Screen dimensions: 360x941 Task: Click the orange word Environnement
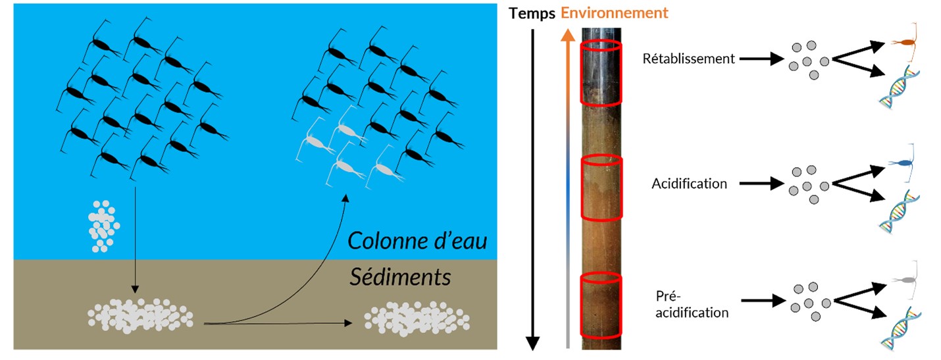click(x=614, y=13)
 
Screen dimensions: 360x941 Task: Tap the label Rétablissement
click(x=688, y=59)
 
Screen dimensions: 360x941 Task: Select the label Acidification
click(x=690, y=183)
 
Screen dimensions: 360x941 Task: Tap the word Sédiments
click(x=400, y=277)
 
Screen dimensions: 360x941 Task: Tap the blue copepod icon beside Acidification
click(x=905, y=163)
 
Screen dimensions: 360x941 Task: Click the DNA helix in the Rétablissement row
click(x=898, y=88)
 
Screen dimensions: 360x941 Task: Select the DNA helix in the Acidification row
click(x=898, y=211)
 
